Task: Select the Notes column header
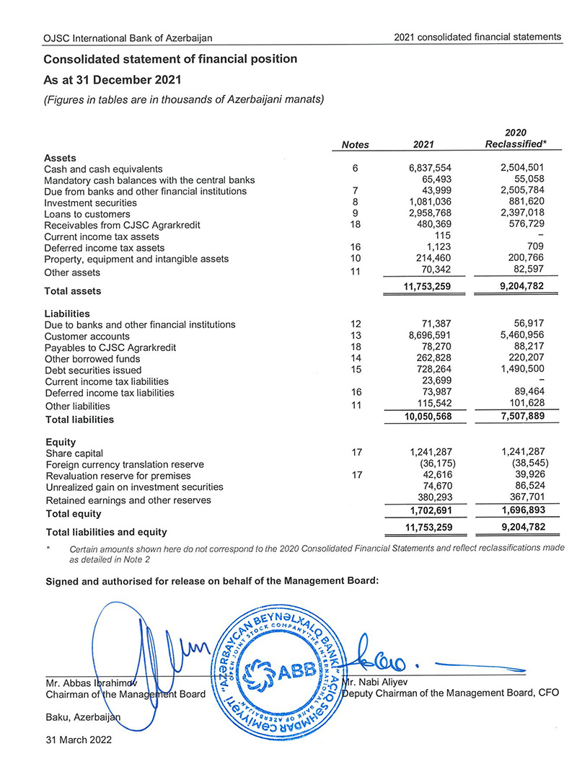point(355,145)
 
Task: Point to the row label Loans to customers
point(87,214)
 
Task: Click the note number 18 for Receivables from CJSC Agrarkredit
point(355,225)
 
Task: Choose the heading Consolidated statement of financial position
point(169,59)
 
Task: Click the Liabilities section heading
point(67,314)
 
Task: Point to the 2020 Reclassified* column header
point(515,138)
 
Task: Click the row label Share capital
point(74,454)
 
